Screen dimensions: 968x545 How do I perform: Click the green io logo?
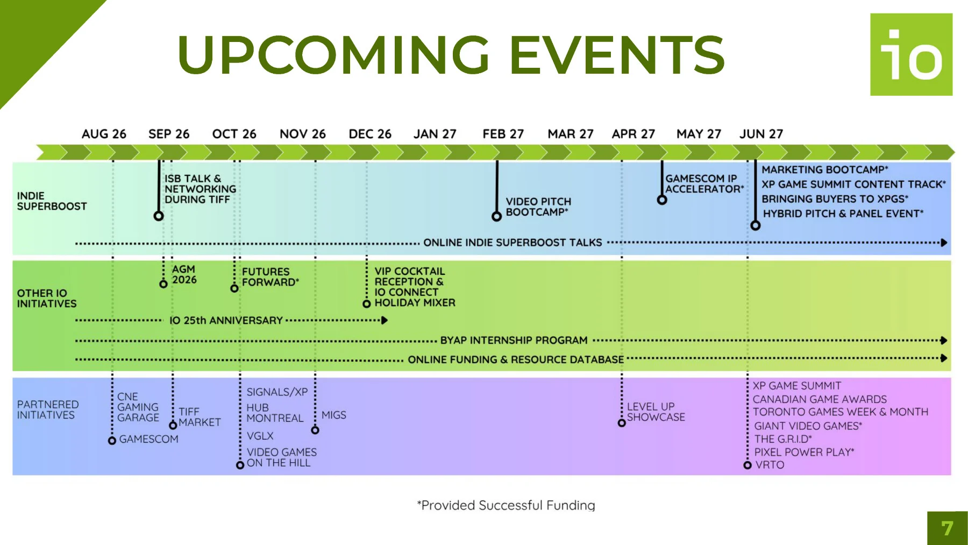click(911, 54)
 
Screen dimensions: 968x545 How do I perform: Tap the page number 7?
click(947, 528)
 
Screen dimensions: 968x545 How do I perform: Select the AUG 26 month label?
click(104, 134)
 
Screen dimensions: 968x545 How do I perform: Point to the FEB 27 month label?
click(503, 134)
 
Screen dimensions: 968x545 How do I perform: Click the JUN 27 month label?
click(761, 134)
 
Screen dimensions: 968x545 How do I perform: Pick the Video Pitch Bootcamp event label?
click(538, 207)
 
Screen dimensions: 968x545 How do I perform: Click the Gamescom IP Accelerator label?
click(704, 183)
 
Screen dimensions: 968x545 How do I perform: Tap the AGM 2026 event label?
click(184, 274)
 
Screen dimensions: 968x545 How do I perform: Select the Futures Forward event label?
click(270, 277)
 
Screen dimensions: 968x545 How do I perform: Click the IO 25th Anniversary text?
click(226, 321)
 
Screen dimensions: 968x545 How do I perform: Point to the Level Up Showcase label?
click(656, 412)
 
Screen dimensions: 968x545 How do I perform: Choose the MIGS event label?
click(333, 415)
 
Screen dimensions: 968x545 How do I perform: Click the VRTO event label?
click(770, 465)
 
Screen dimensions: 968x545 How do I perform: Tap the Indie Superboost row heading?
click(52, 201)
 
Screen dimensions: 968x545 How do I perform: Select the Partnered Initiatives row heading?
click(47, 409)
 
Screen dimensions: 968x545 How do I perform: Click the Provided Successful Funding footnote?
click(506, 505)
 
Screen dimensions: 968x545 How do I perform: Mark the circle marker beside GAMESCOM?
click(112, 441)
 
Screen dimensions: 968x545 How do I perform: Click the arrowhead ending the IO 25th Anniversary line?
click(385, 320)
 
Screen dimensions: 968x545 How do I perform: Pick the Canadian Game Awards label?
click(820, 399)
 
